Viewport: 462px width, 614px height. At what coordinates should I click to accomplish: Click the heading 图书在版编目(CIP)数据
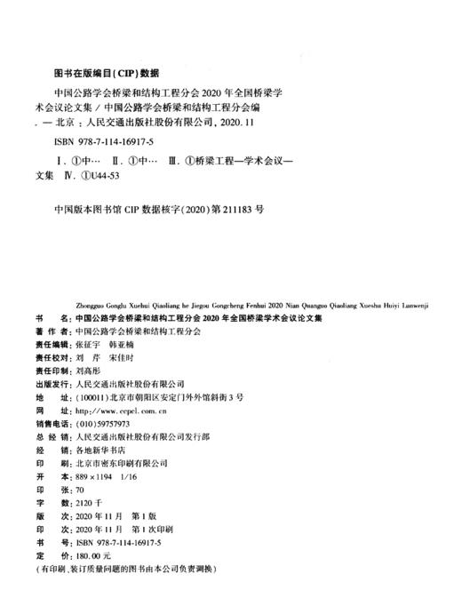coord(100,72)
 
